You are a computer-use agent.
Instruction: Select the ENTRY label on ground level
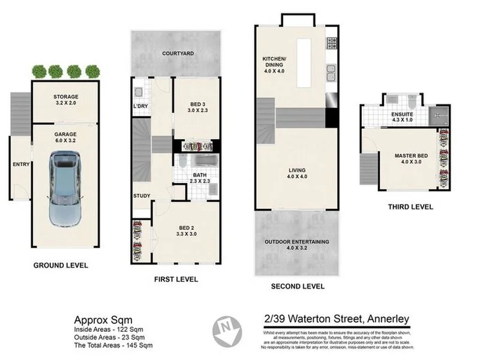[x=21, y=163]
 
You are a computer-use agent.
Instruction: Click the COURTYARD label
[x=178, y=53]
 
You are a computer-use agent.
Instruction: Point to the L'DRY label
[x=140, y=106]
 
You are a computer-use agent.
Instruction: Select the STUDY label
[x=142, y=196]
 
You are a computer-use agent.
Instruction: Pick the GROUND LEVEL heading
[x=60, y=265]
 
